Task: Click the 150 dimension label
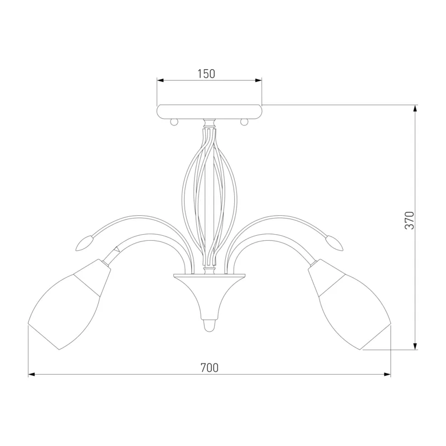click(206, 74)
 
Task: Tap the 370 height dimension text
click(410, 220)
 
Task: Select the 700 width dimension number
click(210, 368)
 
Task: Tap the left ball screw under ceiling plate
click(174, 122)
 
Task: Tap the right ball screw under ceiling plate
click(244, 122)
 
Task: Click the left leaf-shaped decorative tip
click(84, 243)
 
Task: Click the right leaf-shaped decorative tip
click(334, 243)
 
